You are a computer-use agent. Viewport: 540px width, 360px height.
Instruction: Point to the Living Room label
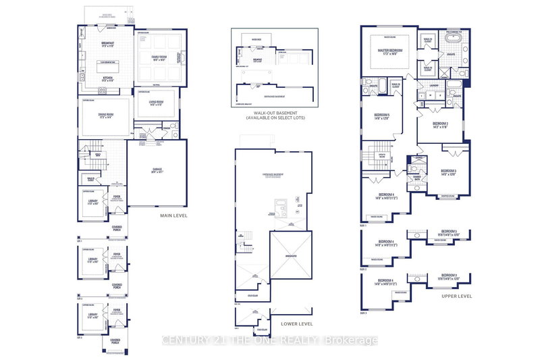tap(157, 105)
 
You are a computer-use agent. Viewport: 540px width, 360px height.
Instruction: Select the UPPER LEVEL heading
tap(458, 296)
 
